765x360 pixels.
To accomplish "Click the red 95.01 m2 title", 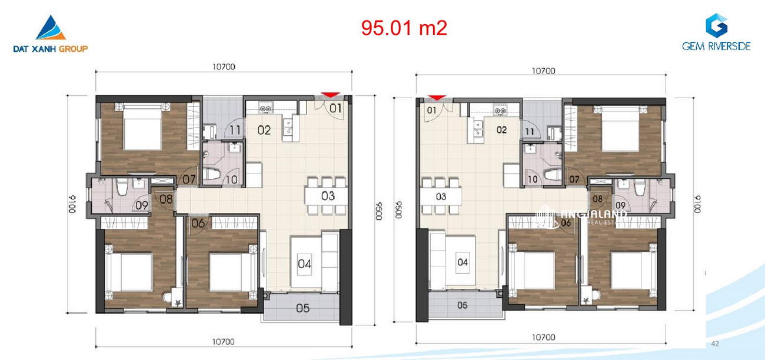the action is tap(404, 28).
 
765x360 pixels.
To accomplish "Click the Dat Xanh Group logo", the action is tap(51, 34).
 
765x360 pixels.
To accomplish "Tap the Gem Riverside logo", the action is tap(716, 32).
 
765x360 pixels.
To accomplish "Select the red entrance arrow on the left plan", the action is tap(330, 95).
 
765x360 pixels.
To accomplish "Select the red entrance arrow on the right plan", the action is tap(437, 98).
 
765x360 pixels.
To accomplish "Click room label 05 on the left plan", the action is tap(302, 308).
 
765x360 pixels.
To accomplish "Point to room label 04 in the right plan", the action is tap(463, 262).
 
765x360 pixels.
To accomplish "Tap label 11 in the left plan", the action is tap(235, 130).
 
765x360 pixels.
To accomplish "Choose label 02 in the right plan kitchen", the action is tap(501, 129).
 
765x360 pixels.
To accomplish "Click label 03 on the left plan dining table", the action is tap(328, 196).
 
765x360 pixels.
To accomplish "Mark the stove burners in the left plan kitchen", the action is tap(265, 109).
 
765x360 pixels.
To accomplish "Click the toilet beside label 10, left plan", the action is tap(212, 174).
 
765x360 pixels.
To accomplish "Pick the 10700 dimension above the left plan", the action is tap(224, 66).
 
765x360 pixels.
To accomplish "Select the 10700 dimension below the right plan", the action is tap(543, 337).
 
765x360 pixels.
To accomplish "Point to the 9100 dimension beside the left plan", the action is tap(72, 204).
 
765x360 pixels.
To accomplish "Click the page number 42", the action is tap(715, 344).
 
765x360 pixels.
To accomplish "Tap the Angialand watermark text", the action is tap(594, 214).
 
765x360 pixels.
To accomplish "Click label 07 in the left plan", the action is tap(189, 179).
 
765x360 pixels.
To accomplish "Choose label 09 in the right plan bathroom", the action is tap(621, 205).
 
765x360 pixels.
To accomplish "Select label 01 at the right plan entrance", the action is tap(432, 110).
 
